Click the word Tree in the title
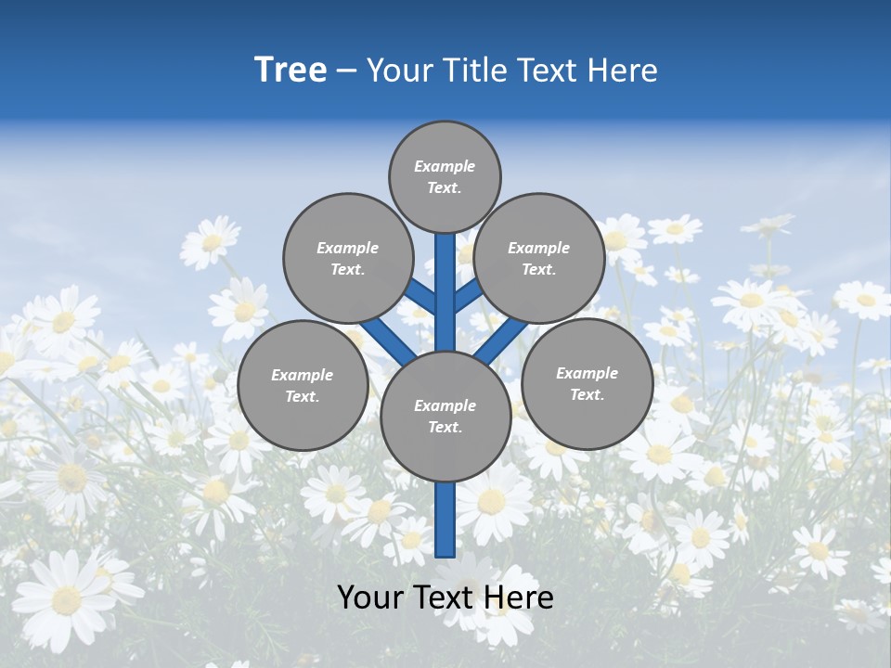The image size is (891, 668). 291,71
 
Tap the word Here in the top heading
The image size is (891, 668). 622,71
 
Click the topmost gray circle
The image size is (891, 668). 445,176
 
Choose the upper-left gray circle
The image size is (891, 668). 347,258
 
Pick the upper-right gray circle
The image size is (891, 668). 539,258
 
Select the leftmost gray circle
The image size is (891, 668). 303,385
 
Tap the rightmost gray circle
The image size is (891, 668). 587,383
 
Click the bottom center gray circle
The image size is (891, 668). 445,416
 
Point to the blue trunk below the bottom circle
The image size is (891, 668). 445,520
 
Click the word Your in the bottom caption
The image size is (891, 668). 369,597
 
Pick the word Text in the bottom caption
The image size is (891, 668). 443,597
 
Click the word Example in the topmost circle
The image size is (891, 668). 445,167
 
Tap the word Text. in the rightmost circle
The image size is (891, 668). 587,394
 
